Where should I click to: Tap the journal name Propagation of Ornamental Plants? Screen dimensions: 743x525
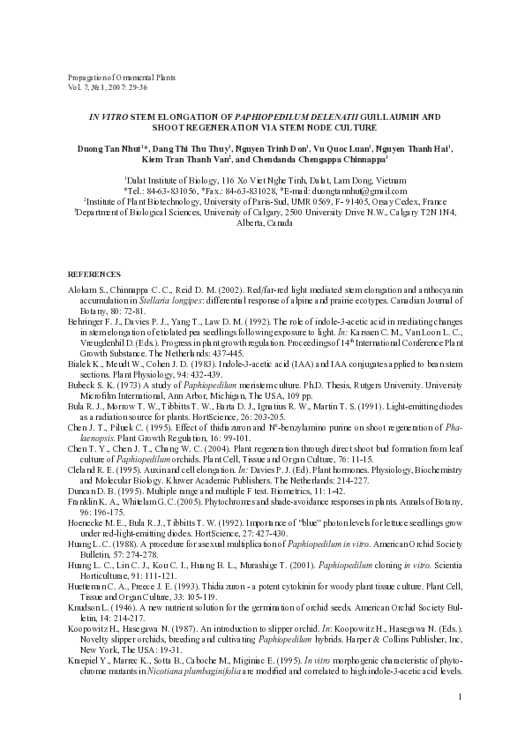click(122, 78)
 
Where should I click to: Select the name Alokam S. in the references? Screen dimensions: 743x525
click(86, 290)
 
